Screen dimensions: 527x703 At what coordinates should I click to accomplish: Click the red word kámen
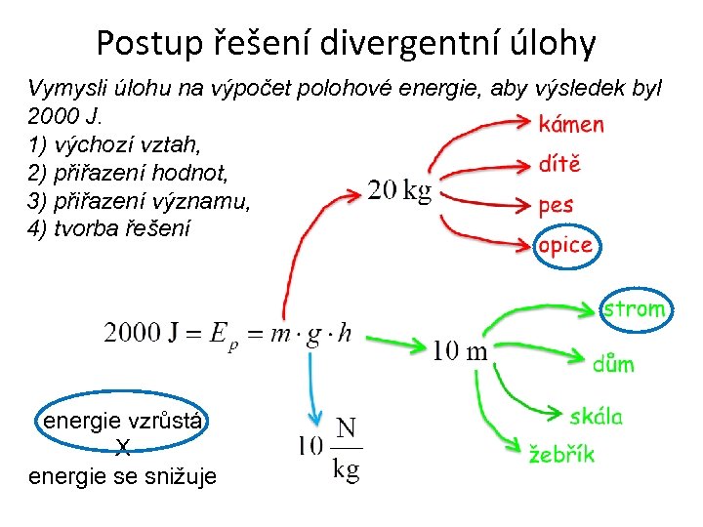tap(571, 125)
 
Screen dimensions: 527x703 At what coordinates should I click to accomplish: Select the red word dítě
tap(559, 164)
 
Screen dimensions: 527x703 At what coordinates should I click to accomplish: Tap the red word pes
tap(556, 206)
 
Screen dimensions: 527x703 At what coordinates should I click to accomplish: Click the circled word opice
tap(565, 245)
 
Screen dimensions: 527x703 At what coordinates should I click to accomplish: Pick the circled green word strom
tap(635, 309)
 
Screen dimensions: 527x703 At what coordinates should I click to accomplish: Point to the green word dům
tap(613, 364)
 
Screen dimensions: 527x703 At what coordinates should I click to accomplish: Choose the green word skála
tap(596, 417)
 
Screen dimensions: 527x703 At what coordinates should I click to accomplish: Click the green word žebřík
tap(561, 454)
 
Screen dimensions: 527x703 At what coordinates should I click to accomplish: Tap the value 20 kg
tap(399, 192)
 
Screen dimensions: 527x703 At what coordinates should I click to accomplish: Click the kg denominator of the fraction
tap(346, 470)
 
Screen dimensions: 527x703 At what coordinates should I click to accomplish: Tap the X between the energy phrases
tap(122, 449)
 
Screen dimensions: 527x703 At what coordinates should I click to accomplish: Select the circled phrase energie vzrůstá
tap(122, 422)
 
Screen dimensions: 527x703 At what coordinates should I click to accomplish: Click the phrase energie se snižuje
tap(123, 476)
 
